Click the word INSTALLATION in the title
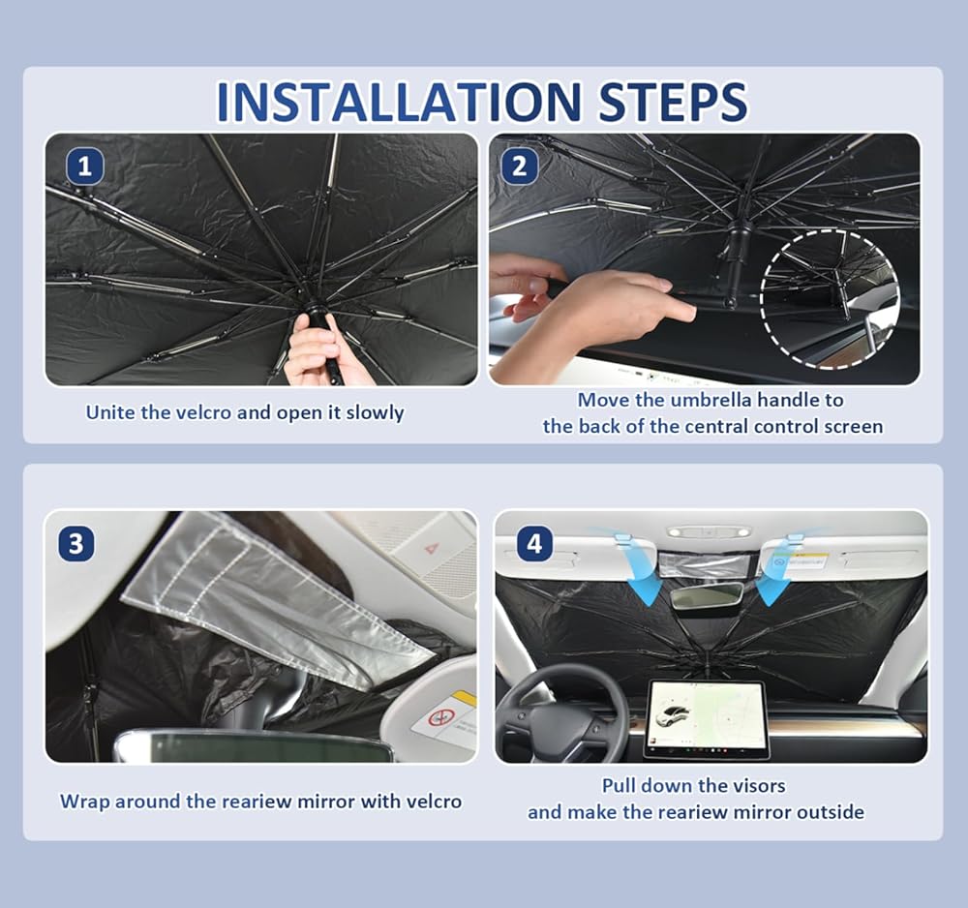399,102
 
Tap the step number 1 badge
84,166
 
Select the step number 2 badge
519,166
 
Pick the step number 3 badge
76,544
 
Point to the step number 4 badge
534,544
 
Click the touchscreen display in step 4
707,718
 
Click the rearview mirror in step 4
707,595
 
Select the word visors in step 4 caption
759,786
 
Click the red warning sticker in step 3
442,718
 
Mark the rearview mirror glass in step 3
252,748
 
